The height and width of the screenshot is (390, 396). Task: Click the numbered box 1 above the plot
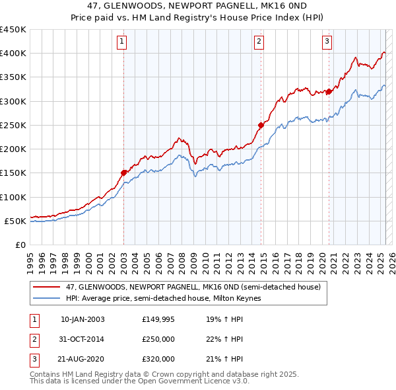coord(123,42)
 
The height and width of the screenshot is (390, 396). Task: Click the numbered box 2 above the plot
coord(259,42)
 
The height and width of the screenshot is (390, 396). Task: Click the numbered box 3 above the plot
coord(327,42)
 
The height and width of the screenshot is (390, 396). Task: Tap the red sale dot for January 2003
coord(123,173)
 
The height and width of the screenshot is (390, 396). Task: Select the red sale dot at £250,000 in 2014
coord(261,124)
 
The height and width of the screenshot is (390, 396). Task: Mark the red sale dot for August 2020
coord(329,92)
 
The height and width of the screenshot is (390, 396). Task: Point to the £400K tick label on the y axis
coord(13,54)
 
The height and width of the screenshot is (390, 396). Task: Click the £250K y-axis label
coord(13,125)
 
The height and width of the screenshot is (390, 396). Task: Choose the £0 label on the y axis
coord(20,245)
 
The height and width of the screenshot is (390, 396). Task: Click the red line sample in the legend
coord(46,287)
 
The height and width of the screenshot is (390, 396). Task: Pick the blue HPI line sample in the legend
coord(46,298)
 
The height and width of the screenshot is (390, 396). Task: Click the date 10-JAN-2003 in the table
coord(82,319)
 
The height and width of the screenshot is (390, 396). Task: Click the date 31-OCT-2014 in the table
coord(82,339)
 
